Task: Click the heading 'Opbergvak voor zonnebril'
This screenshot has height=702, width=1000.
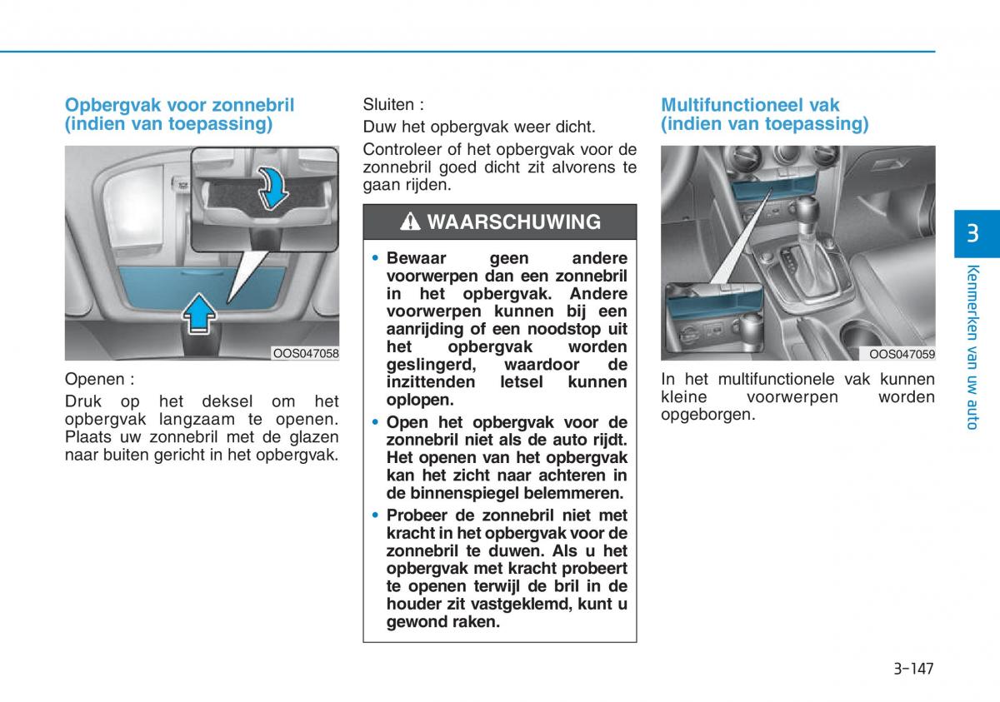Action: (x=179, y=105)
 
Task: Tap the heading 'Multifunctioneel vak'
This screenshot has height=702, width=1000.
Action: (x=750, y=105)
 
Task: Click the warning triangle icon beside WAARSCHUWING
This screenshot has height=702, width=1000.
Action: (x=410, y=222)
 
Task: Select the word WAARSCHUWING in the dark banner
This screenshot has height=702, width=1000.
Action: (x=514, y=222)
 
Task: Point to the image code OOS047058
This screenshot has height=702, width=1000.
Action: (x=306, y=354)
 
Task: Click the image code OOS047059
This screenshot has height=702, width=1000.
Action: (x=902, y=354)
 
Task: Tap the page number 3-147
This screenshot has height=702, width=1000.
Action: (x=913, y=669)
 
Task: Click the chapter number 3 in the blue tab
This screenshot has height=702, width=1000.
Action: (x=972, y=233)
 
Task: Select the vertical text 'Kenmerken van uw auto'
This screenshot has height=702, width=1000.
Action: (x=972, y=347)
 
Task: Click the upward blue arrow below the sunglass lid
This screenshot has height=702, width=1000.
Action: (x=199, y=314)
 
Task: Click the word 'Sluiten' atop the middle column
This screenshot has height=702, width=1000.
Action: (x=388, y=105)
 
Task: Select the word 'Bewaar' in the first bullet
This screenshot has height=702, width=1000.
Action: (x=417, y=258)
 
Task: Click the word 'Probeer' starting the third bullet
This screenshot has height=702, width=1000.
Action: (x=417, y=515)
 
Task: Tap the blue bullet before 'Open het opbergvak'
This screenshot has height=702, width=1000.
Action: (x=375, y=422)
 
